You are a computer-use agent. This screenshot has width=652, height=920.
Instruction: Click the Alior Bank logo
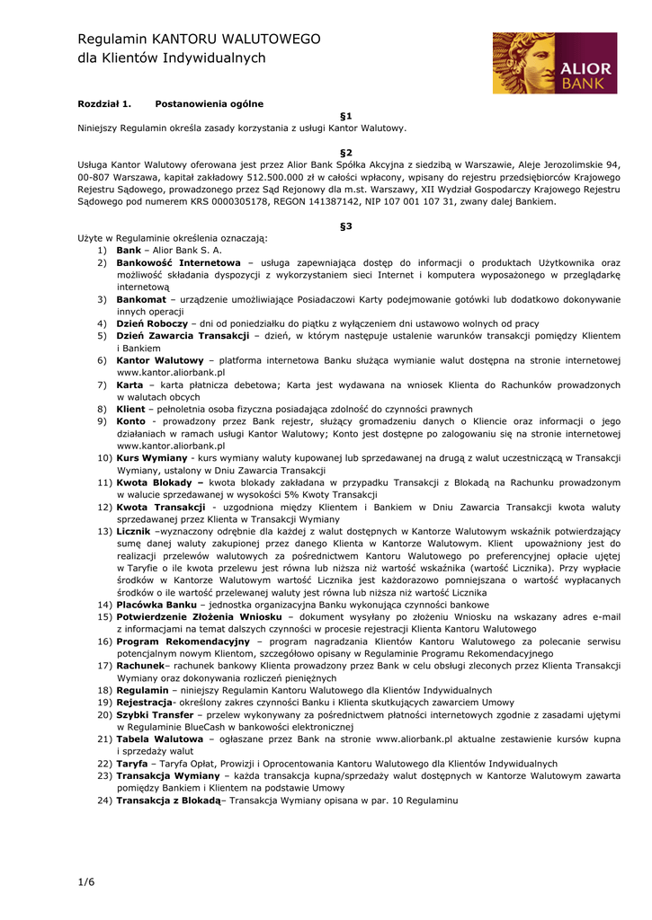[554, 63]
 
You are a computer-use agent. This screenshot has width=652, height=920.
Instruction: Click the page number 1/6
[85, 882]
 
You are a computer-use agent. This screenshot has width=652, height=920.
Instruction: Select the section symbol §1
[346, 116]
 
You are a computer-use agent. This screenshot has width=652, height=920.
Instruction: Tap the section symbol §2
[346, 153]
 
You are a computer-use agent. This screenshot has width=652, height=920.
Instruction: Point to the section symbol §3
[346, 226]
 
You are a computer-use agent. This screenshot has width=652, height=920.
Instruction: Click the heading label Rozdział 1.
[104, 104]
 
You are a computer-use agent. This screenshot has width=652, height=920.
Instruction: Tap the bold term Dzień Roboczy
[152, 323]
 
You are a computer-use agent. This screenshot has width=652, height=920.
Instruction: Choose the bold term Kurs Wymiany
[152, 458]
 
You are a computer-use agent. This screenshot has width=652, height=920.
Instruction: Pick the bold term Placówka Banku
[156, 605]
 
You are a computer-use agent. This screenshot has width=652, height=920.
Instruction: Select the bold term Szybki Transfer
[155, 714]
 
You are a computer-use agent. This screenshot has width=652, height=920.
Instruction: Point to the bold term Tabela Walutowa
[159, 739]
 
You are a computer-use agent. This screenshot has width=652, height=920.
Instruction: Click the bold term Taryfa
[132, 763]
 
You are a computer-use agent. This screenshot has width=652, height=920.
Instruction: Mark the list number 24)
[104, 800]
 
